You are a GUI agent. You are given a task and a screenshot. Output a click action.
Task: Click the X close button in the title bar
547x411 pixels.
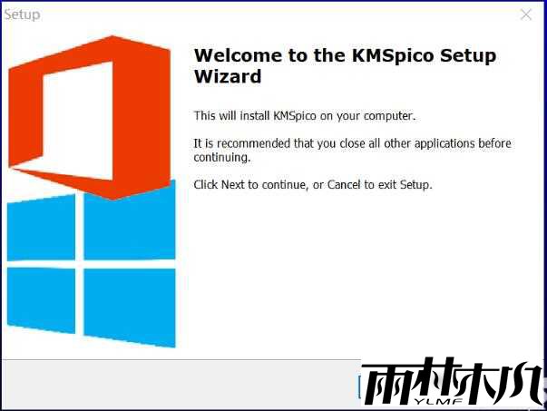click(525, 15)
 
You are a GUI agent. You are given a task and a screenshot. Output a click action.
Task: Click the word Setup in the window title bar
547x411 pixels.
click(23, 15)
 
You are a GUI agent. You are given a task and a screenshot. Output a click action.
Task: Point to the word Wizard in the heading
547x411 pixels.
click(228, 76)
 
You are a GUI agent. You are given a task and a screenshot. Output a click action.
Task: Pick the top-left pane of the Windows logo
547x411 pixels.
click(40, 228)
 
